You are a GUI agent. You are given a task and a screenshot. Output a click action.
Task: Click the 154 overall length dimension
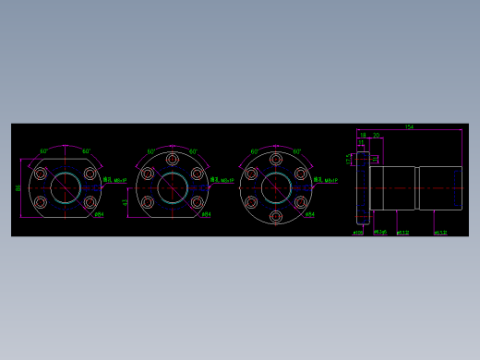pyautogui.click(x=409, y=127)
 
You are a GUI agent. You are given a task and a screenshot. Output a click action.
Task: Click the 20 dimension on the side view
pyautogui.click(x=376, y=136)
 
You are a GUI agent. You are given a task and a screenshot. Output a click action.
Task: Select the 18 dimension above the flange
pyautogui.click(x=363, y=136)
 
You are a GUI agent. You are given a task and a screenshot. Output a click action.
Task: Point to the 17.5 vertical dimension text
pyautogui.click(x=349, y=159)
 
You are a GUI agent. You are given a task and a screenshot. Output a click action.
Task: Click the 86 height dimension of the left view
pyautogui.click(x=18, y=187)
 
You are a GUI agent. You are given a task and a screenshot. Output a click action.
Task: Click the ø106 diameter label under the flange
pyautogui.click(x=358, y=233)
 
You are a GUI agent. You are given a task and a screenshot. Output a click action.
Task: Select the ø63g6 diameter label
pyautogui.click(x=379, y=233)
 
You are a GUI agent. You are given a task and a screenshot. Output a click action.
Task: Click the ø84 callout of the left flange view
pyautogui.click(x=99, y=214)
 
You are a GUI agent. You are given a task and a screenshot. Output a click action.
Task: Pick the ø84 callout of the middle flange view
pyautogui.click(x=206, y=214)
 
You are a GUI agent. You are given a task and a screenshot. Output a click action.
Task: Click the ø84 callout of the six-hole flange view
pyautogui.click(x=310, y=214)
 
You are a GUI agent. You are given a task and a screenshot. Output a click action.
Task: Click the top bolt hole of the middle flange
pyautogui.click(x=173, y=160)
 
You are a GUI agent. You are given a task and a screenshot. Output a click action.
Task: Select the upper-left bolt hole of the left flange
pyautogui.click(x=41, y=174)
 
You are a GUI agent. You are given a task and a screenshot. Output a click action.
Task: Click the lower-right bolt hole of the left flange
pyautogui.click(x=90, y=202)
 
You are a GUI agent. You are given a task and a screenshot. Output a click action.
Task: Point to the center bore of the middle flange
pyautogui.click(x=173, y=187)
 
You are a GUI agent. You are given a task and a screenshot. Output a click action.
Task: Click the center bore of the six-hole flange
pyautogui.click(x=276, y=187)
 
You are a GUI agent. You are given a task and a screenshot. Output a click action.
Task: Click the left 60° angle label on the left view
pyautogui.click(x=43, y=151)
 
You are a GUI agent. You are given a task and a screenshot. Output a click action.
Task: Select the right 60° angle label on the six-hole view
pyautogui.click(x=296, y=151)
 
